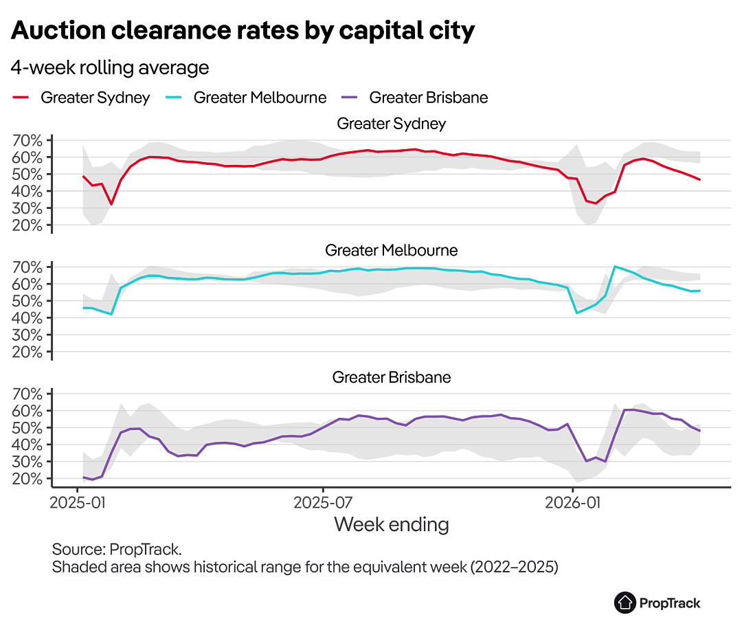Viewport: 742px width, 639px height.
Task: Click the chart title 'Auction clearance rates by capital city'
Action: pyautogui.click(x=243, y=31)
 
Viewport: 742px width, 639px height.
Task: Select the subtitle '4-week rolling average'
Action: pyautogui.click(x=110, y=68)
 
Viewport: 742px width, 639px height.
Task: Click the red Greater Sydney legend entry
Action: pyautogui.click(x=81, y=98)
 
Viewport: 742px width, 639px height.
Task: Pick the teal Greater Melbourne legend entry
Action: pyautogui.click(x=246, y=98)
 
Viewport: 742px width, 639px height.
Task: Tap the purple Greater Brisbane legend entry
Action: pyautogui.click(x=414, y=98)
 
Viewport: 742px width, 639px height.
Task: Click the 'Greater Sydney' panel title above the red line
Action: pyautogui.click(x=392, y=124)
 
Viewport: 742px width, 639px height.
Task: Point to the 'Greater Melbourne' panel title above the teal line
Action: pyautogui.click(x=392, y=250)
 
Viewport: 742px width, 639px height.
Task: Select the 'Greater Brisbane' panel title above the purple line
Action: pyautogui.click(x=392, y=377)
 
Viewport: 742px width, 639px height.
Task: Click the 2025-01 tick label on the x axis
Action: pyautogui.click(x=78, y=502)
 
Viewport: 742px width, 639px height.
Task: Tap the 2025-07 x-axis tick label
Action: pyautogui.click(x=323, y=502)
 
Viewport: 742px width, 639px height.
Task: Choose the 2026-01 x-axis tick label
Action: pyautogui.click(x=572, y=502)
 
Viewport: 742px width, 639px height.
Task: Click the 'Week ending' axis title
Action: pyautogui.click(x=392, y=524)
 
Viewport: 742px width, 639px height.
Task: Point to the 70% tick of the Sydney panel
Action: pyautogui.click(x=27, y=141)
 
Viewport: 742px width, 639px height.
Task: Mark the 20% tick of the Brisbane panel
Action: pyautogui.click(x=27, y=479)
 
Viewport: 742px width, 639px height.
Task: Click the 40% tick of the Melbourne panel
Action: pyautogui.click(x=27, y=318)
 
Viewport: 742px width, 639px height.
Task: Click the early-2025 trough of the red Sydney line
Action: pyautogui.click(x=111, y=205)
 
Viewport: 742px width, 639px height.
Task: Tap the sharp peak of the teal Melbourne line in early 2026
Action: pyautogui.click(x=615, y=267)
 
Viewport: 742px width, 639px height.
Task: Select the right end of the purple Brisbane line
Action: pyautogui.click(x=700, y=431)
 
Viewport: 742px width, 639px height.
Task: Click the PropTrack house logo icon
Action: pyautogui.click(x=625, y=603)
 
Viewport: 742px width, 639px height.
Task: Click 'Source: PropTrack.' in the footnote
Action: pyautogui.click(x=117, y=550)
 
